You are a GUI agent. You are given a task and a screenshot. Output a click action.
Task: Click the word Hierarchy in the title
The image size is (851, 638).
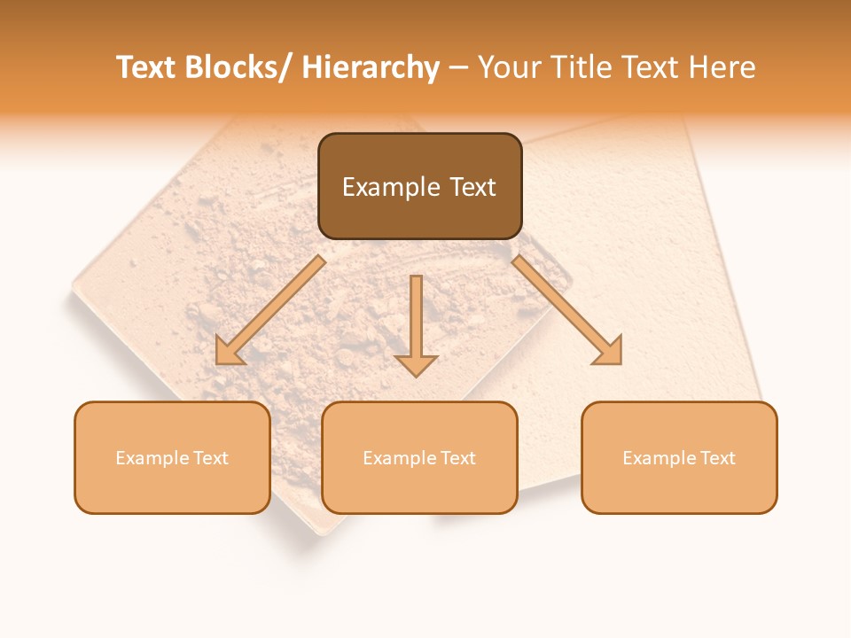[370, 67]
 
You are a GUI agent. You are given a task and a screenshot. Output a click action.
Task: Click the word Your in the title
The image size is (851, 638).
[510, 67]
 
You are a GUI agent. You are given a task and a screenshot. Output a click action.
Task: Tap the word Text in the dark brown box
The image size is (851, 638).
[473, 187]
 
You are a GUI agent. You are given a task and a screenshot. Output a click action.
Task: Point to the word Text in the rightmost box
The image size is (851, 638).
[717, 458]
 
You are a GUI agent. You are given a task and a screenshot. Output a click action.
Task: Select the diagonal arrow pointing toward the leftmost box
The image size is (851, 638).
[269, 310]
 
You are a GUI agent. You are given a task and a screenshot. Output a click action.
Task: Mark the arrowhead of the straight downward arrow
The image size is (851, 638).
[416, 364]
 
